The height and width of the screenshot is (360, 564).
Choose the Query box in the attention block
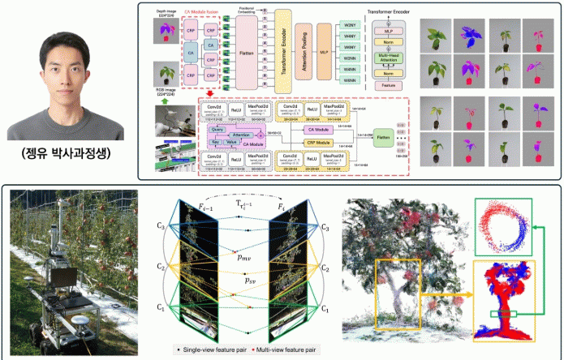click(x=217, y=128)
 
